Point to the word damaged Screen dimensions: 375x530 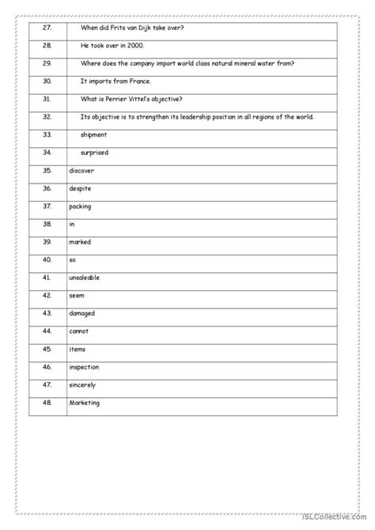pyautogui.click(x=82, y=313)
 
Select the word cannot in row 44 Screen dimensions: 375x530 pyautogui.click(x=79, y=331)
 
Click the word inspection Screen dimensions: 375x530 pyautogui.click(x=85, y=367)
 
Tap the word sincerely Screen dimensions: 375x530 pyautogui.click(x=83, y=384)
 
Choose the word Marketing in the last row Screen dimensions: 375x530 pyautogui.click(x=85, y=403)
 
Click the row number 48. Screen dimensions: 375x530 pyautogui.click(x=47, y=403)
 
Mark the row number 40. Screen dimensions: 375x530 pyautogui.click(x=47, y=259)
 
